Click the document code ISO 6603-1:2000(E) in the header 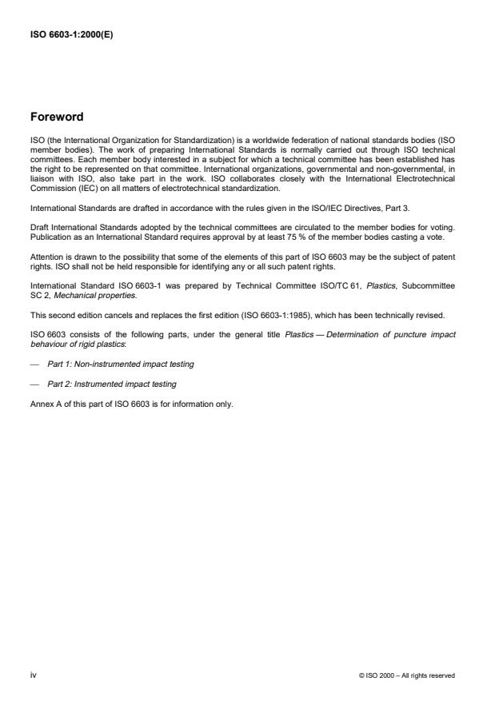(x=71, y=34)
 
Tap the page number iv (x=33, y=675)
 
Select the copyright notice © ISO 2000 (x=406, y=675)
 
